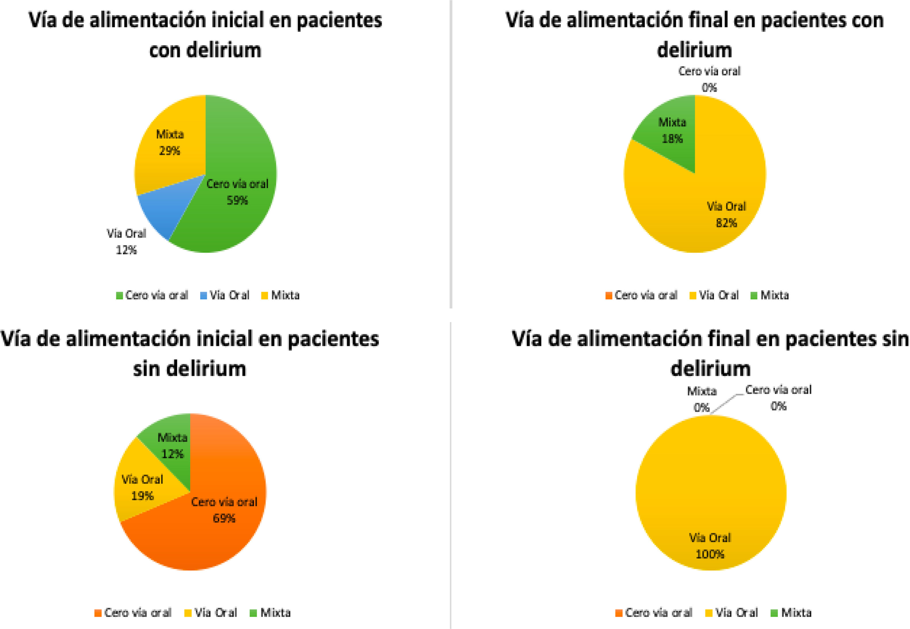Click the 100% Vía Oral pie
[711, 493]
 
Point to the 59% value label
[237, 201]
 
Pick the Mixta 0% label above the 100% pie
[702, 399]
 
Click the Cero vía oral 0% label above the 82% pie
[709, 79]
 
